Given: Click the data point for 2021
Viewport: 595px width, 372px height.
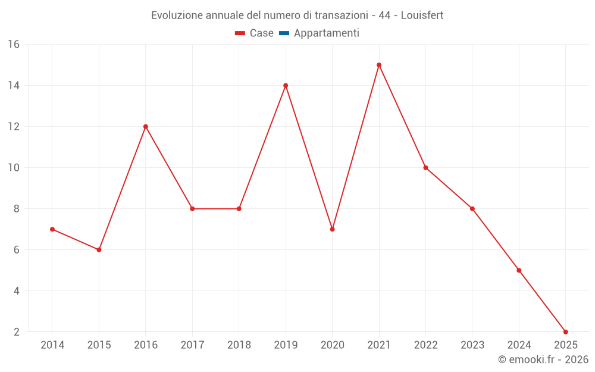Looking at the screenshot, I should pos(379,65).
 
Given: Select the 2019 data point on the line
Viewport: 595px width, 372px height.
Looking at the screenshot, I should pos(286,85).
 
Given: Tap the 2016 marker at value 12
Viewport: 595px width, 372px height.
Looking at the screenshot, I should pos(146,126).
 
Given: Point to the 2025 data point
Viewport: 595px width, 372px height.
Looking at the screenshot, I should pos(566,332).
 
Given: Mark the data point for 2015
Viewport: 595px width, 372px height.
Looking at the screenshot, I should pos(99,249).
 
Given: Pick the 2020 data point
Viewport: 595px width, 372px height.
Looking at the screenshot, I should pos(332,229).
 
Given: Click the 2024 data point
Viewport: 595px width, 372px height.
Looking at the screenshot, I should pos(519,270).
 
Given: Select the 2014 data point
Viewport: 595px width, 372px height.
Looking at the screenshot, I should pos(52,229).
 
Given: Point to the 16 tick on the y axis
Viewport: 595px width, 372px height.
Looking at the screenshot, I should pos(14,44).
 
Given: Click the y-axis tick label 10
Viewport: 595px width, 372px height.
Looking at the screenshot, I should pos(14,167).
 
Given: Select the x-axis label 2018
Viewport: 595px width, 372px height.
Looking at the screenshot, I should pos(239,345).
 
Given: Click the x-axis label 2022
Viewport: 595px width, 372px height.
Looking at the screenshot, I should pos(426,345).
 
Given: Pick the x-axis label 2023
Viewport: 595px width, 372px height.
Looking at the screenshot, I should pos(472,345).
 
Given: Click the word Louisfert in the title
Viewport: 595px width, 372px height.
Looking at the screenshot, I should pos(422,15).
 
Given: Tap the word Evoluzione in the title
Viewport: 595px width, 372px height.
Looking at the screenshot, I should pos(177,15).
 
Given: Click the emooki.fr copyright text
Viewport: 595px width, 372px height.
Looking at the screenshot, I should pos(543,360).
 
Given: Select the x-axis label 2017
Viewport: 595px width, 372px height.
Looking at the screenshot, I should pos(192,345).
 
